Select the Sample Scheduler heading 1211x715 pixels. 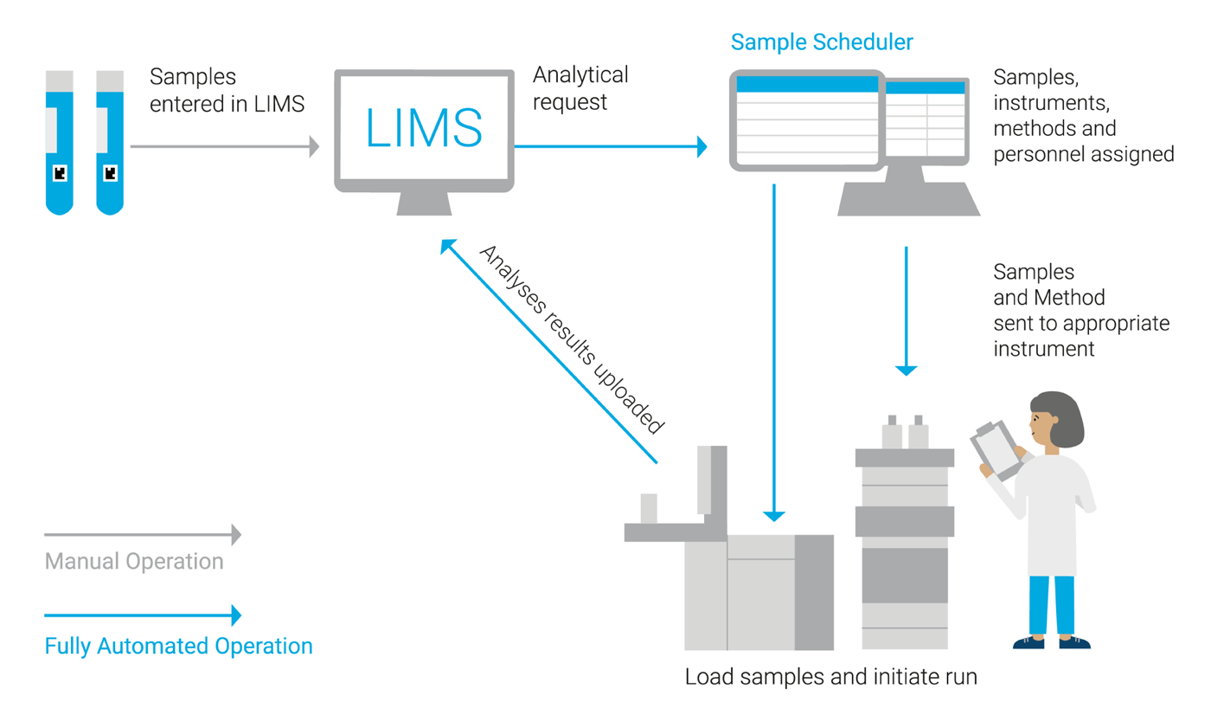pos(822,42)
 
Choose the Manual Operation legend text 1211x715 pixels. pos(134,562)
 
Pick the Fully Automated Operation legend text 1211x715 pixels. pos(178,646)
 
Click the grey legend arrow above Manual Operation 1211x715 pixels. pos(143,535)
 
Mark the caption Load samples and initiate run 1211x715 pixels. pos(830,676)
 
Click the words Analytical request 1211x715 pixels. pos(580,88)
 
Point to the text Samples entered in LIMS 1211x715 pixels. pos(227,90)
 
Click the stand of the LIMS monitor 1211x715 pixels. pos(423,203)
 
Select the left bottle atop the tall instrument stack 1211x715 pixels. pos(892,433)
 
